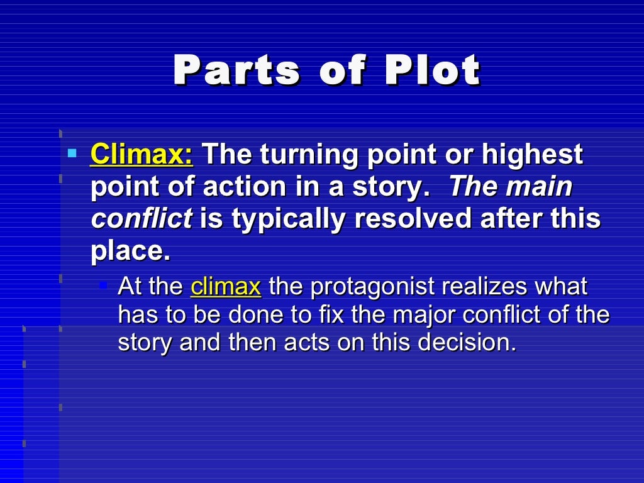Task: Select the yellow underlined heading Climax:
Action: click(x=142, y=155)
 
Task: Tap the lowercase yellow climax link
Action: click(x=225, y=287)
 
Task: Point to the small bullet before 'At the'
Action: click(x=104, y=286)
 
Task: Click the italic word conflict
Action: click(x=142, y=219)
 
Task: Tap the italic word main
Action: click(x=540, y=187)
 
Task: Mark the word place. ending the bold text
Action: click(x=130, y=252)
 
